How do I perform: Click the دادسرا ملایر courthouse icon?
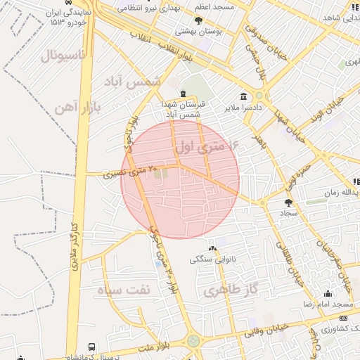(243, 96)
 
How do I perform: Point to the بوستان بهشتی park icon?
(199, 20)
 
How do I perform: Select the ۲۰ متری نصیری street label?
(127, 172)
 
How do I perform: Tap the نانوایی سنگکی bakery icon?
(212, 249)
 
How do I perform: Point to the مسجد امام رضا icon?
(327, 294)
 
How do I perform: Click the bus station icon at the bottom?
(92, 347)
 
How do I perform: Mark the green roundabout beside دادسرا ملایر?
(259, 96)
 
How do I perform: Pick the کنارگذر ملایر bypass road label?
(73, 246)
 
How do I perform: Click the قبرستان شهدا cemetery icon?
(183, 94)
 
